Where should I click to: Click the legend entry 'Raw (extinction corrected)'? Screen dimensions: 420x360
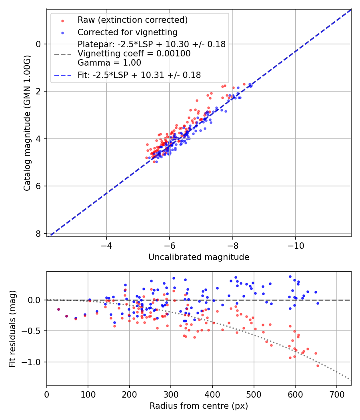[x=132, y=20]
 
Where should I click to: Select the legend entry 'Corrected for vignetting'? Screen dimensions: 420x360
[x=127, y=32]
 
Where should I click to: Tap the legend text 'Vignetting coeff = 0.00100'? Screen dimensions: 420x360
[x=134, y=54]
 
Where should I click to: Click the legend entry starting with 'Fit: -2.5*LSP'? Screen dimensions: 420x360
[x=139, y=75]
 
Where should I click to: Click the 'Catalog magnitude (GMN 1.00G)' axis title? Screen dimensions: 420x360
[x=27, y=123]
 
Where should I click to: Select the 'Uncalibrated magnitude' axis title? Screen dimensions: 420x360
[x=199, y=257]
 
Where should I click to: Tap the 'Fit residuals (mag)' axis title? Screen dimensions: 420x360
[x=12, y=328]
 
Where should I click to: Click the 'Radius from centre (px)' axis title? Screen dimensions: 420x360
[x=199, y=406]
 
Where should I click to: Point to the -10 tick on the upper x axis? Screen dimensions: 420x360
[x=296, y=245]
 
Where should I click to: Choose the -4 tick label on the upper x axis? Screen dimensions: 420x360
[x=106, y=245]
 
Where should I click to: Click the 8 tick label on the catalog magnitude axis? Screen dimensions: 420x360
[x=39, y=234]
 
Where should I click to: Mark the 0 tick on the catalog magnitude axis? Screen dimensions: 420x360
[x=39, y=44]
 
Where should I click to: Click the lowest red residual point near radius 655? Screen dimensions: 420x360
[x=318, y=366]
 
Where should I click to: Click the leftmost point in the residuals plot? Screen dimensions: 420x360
[x=58, y=309]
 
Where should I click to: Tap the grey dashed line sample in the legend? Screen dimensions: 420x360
[x=62, y=54]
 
